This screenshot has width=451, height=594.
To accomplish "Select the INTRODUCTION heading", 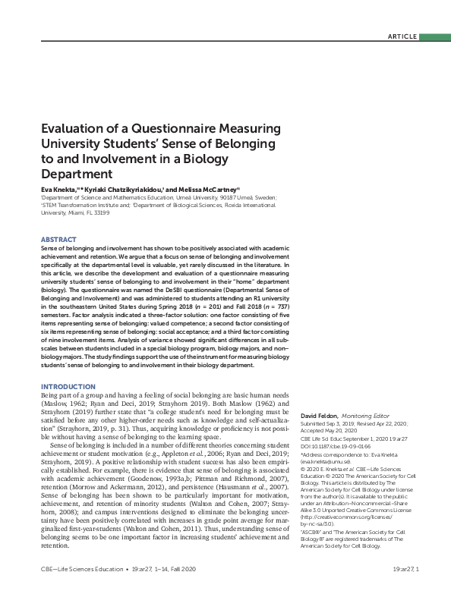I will pyautogui.click(x=68, y=387).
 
